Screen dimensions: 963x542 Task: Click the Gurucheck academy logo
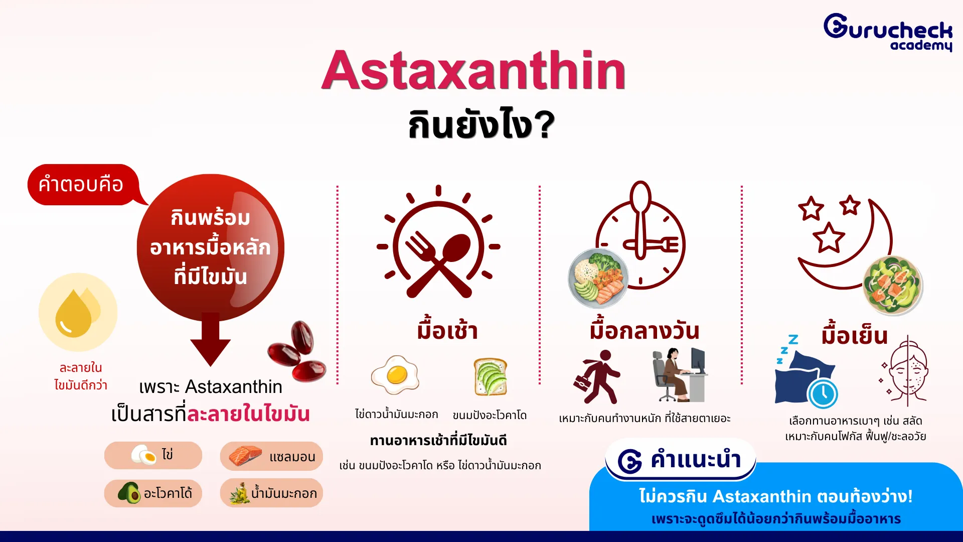coord(888,32)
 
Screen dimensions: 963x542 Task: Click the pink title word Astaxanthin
coord(473,70)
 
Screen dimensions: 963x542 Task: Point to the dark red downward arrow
coord(210,339)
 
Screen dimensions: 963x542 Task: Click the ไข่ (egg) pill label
coord(153,456)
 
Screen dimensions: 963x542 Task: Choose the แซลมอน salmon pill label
coord(271,456)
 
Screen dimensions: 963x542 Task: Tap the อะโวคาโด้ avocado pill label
coord(153,493)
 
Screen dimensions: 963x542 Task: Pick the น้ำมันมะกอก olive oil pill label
coord(271,493)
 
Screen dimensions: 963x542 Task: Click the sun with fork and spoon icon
coord(438,242)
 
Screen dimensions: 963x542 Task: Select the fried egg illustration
coord(395,375)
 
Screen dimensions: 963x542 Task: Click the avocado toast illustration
coord(491,377)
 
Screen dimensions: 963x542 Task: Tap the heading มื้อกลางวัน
coord(645,331)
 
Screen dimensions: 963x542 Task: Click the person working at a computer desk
coord(680,375)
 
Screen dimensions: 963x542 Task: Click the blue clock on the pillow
coord(823,394)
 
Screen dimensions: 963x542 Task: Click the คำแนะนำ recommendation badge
coord(680,460)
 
